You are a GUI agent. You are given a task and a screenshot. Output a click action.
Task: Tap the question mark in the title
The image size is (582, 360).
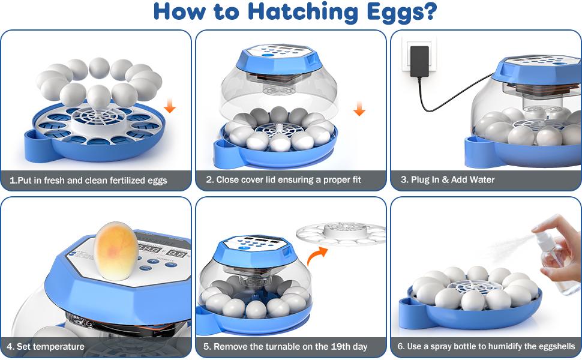[428, 13]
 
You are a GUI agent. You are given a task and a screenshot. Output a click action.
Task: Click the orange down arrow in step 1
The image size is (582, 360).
[170, 107]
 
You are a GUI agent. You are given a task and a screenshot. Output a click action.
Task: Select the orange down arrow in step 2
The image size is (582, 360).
[359, 109]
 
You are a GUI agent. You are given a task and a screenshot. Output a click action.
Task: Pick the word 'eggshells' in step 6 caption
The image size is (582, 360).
[553, 346]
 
